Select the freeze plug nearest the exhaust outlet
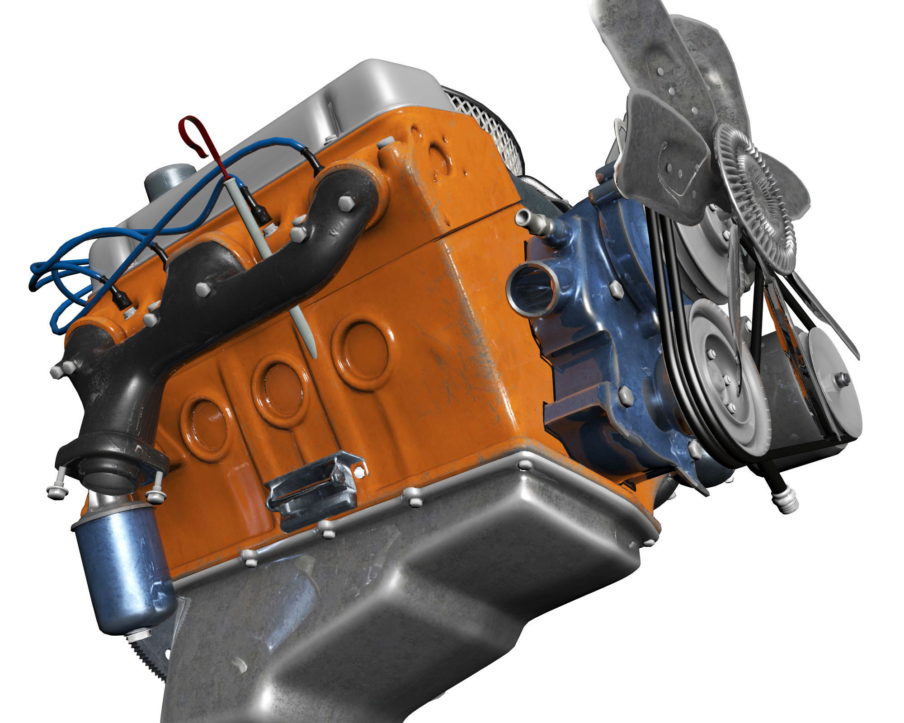coord(206,425)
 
